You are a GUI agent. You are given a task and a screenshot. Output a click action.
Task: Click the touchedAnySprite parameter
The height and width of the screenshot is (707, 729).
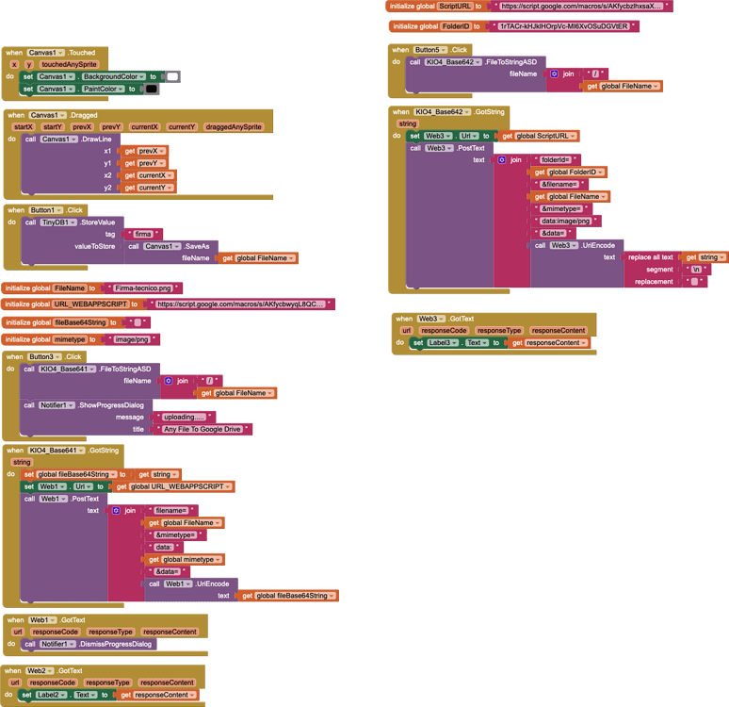click(69, 64)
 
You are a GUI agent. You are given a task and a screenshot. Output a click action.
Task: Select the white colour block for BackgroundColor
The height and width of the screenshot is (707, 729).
click(172, 76)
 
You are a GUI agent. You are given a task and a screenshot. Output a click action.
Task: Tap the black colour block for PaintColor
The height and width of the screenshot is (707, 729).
click(152, 89)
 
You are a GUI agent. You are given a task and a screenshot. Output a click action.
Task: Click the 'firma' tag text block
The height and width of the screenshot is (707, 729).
click(143, 234)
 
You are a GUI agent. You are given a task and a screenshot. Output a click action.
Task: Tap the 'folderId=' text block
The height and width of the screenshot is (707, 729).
click(556, 160)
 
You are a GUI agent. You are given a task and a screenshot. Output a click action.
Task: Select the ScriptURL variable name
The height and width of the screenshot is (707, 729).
click(455, 6)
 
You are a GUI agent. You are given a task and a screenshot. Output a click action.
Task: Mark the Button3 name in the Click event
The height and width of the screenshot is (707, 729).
click(44, 357)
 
